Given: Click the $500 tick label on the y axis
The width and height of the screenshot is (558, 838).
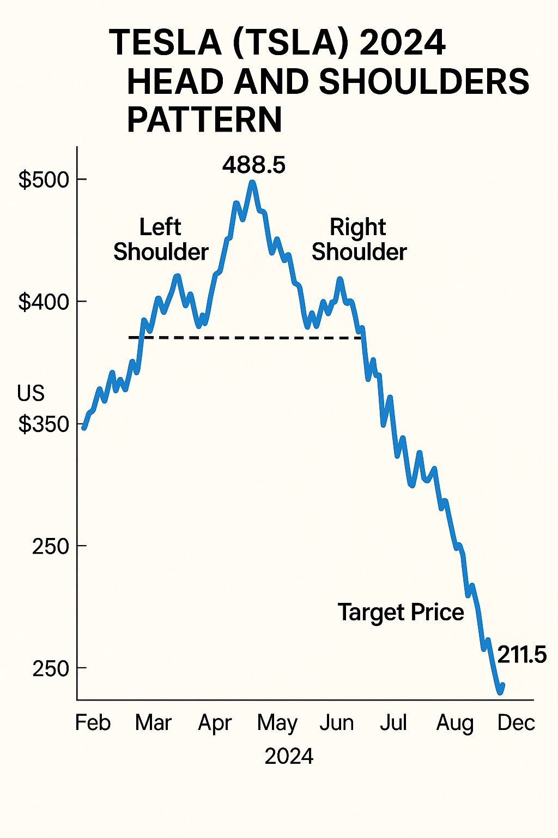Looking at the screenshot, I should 43,179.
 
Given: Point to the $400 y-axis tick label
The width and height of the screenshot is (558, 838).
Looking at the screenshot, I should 43,302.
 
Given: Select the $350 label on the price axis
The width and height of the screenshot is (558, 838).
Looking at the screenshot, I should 43,424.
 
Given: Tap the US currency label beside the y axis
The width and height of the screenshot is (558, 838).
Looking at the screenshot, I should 31,393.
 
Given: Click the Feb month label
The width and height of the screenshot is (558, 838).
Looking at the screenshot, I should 93,723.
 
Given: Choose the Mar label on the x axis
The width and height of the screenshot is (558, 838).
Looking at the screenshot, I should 153,723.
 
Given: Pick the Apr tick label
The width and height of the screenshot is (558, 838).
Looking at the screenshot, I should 215,723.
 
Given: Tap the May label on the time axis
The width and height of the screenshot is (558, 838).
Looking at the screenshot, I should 277,724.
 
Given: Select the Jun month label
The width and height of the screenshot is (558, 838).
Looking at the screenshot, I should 337,723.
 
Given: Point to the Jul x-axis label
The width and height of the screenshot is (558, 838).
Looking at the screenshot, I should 393,723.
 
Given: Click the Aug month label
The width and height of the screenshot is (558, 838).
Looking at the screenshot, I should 455,724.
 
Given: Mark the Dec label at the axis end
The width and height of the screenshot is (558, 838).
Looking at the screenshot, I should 516,723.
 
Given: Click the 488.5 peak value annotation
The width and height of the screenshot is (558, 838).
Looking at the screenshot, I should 254,165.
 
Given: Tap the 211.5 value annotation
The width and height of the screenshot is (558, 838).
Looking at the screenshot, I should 521,655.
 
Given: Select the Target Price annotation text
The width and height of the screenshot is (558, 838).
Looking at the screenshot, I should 401,613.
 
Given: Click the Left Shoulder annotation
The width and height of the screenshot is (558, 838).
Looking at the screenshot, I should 161,240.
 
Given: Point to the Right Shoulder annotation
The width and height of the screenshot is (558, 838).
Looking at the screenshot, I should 359,240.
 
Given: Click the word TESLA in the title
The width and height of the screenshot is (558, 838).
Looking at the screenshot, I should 166,43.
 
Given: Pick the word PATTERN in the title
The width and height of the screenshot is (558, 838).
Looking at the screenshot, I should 204,119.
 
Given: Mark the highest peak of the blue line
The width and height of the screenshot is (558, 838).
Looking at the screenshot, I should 252,183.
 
